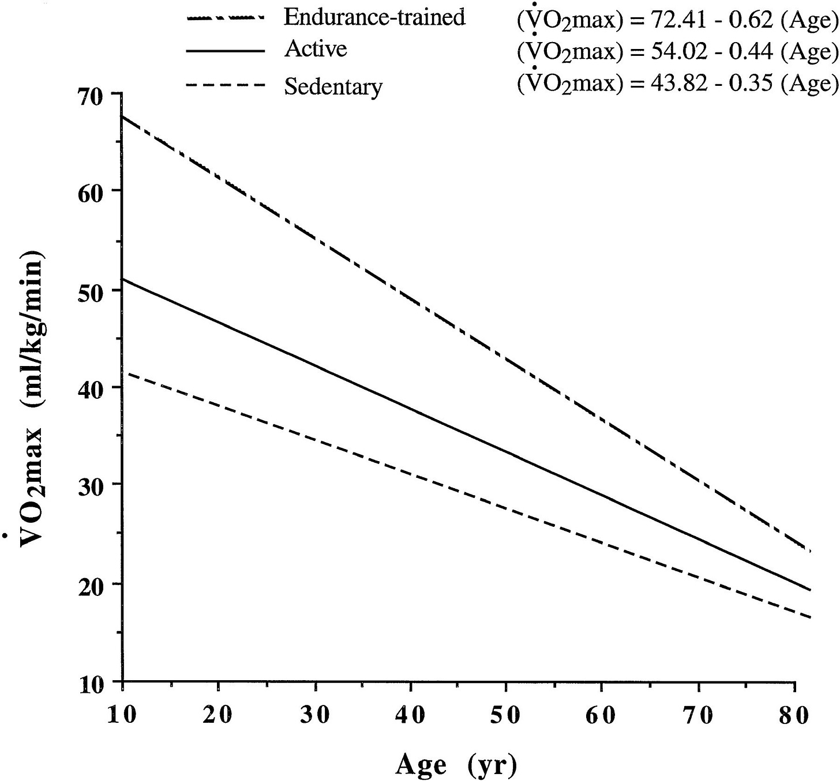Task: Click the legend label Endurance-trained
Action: click(374, 17)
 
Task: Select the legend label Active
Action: click(316, 49)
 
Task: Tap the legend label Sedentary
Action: click(333, 86)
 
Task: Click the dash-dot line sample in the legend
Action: click(226, 18)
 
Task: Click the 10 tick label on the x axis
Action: click(122, 715)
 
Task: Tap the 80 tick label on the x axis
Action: click(794, 715)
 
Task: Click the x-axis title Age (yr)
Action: click(456, 765)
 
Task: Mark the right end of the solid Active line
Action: click(811, 590)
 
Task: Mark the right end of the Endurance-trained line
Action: click(811, 551)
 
